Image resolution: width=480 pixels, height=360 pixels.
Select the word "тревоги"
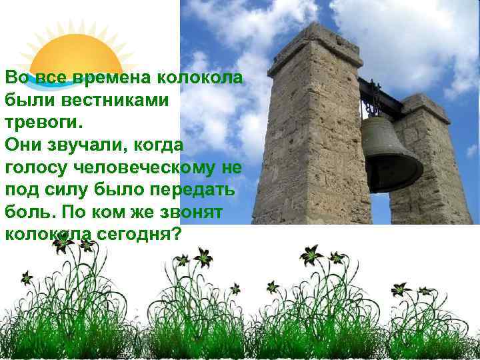pos(41,123)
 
